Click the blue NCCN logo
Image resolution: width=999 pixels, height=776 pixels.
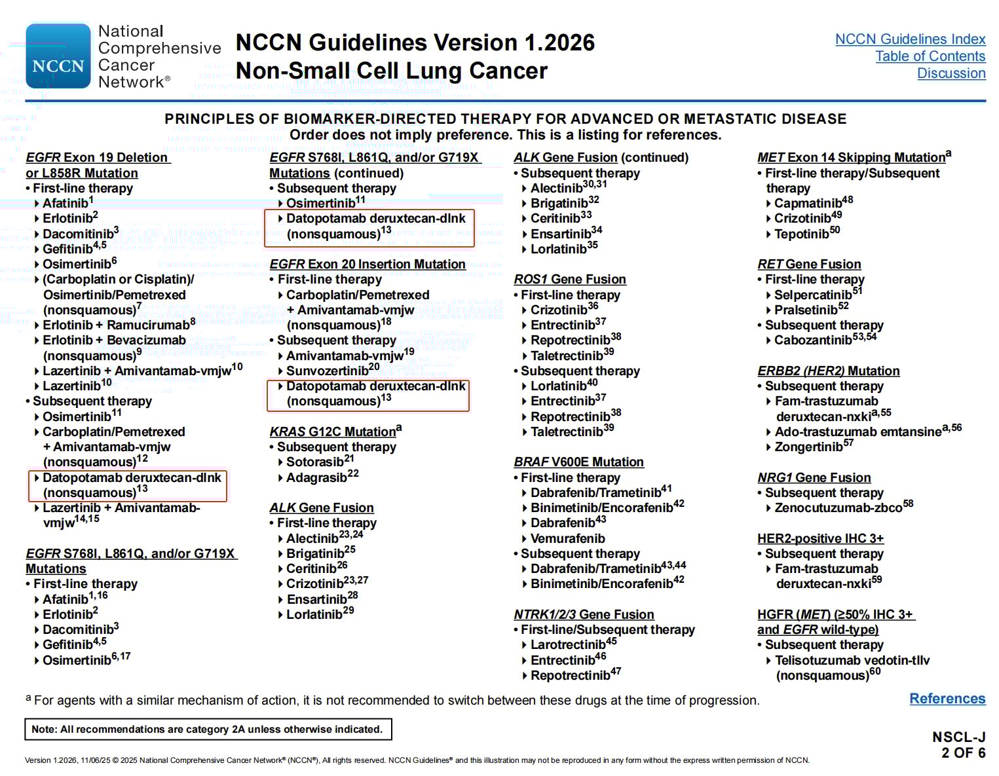tap(58, 56)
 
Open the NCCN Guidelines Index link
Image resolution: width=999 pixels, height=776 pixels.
tap(910, 39)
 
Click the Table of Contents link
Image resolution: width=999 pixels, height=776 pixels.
tap(930, 56)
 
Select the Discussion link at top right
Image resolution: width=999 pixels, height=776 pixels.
tap(951, 73)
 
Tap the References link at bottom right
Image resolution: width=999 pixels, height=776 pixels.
tap(947, 699)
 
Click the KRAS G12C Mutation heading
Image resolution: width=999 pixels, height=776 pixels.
tap(333, 432)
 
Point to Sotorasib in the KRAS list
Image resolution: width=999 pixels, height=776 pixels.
tap(316, 462)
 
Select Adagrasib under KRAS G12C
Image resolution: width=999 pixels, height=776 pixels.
tap(317, 478)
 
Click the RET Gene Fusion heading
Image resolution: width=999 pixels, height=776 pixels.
tap(809, 265)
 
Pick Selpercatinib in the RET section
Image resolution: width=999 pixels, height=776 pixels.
tap(813, 295)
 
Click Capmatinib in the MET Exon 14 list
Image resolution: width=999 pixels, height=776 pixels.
tap(808, 204)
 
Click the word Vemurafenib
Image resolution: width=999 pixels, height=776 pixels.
tap(567, 539)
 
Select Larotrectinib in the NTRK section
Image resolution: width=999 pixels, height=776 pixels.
tap(568, 645)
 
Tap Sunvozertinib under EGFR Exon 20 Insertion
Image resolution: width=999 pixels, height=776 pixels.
tap(328, 371)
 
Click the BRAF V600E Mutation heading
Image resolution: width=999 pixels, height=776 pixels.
tap(578, 462)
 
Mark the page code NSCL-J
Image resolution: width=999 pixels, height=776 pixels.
tap(958, 737)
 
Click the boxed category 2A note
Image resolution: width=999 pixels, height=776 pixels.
tap(208, 730)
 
